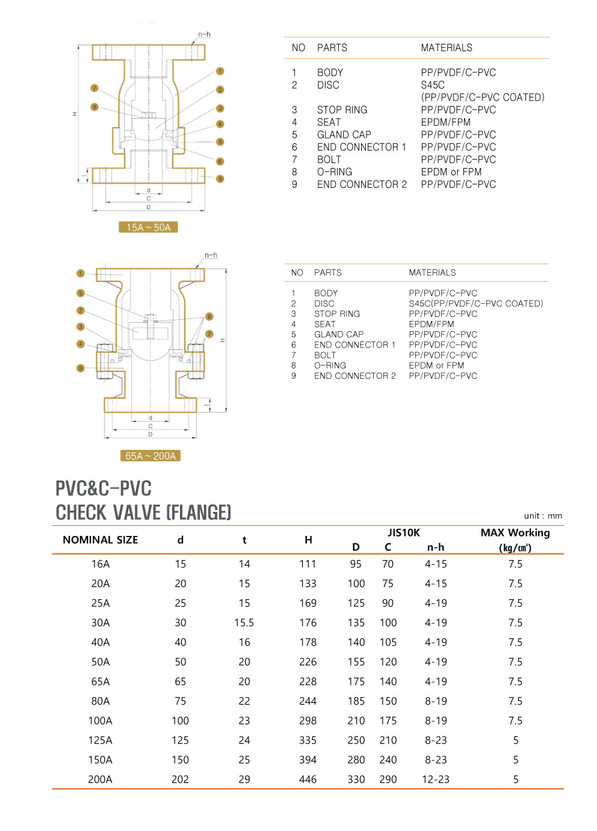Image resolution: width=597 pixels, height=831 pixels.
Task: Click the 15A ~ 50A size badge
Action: tap(149, 228)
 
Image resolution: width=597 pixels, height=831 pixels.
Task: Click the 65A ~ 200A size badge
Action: tap(150, 456)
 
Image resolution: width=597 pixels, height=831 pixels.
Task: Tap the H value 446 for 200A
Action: tap(308, 779)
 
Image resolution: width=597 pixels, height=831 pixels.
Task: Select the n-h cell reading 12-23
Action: tap(436, 779)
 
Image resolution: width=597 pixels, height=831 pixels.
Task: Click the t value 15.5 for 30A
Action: tap(244, 623)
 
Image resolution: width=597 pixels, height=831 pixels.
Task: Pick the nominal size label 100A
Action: tap(101, 721)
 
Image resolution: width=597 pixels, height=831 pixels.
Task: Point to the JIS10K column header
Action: tap(404, 532)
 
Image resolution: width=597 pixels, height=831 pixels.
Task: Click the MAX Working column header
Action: tap(515, 533)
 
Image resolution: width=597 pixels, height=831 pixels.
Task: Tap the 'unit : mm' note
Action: tap(543, 515)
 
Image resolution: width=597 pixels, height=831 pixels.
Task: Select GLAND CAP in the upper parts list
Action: tap(344, 135)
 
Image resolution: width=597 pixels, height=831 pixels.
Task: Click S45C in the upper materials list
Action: tap(433, 85)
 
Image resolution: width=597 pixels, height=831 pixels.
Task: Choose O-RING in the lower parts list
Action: tap(330, 366)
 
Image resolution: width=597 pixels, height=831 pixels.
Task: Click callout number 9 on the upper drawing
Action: tap(220, 179)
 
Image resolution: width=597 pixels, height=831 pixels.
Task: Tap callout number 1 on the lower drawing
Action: tap(81, 273)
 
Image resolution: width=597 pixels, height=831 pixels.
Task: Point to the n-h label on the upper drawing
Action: tap(205, 35)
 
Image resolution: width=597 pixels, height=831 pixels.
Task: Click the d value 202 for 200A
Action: tap(180, 779)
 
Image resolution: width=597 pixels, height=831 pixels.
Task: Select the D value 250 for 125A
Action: tap(356, 740)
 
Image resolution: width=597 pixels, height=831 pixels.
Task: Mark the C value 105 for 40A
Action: tap(388, 643)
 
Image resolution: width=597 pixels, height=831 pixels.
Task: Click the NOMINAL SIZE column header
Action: tap(101, 540)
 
